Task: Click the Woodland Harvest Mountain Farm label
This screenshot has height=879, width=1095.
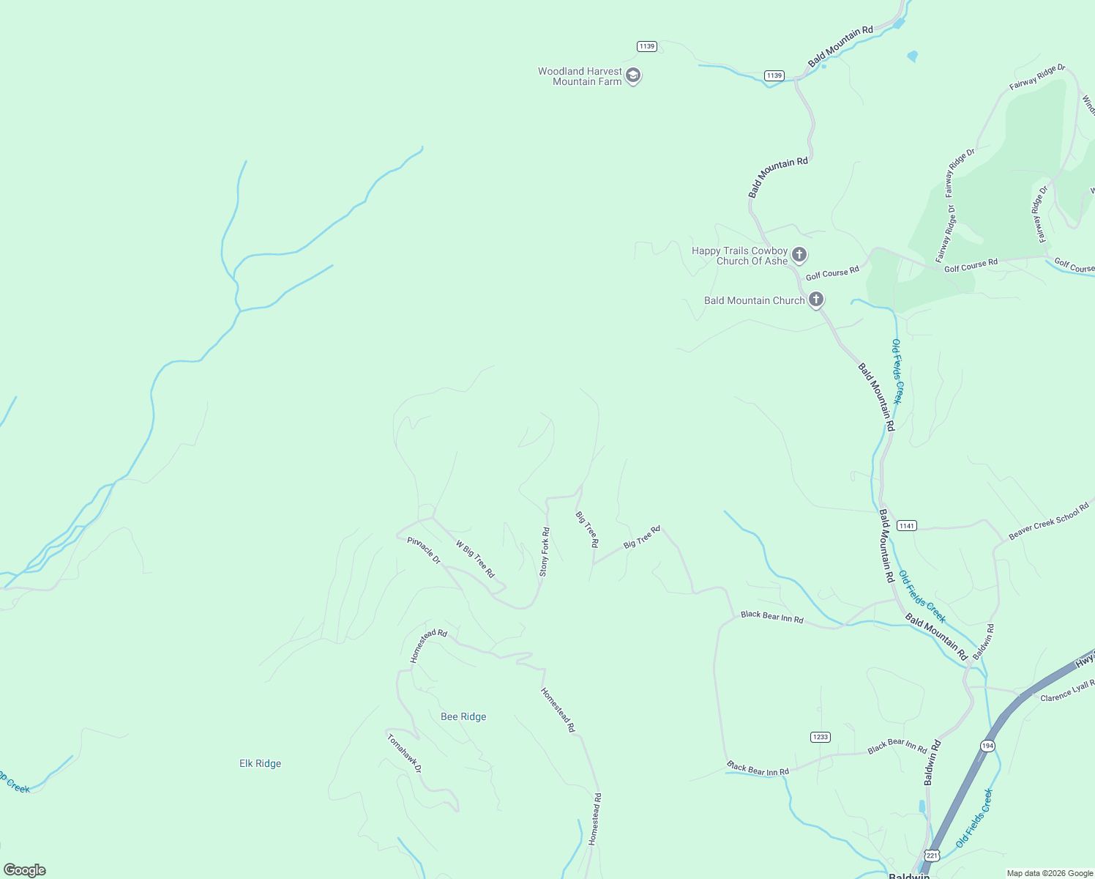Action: tap(580, 76)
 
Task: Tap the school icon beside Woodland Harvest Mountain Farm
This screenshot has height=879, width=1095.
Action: tap(634, 75)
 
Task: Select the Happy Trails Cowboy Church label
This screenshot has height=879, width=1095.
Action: tap(739, 256)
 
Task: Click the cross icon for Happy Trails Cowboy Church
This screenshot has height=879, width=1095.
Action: tap(799, 255)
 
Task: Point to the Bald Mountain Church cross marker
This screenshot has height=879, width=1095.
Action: tap(816, 300)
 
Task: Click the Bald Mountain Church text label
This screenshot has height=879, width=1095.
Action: tap(754, 300)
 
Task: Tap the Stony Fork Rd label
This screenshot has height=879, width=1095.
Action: tap(545, 552)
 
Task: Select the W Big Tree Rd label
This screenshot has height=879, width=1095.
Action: tap(476, 559)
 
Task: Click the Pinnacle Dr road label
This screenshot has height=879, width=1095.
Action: tap(424, 550)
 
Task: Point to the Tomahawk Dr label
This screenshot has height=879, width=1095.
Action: tap(404, 753)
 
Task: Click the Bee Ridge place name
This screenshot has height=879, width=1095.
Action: tap(463, 716)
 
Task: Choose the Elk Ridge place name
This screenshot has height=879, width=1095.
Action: tap(260, 763)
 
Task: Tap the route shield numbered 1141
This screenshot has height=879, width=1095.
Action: tap(906, 525)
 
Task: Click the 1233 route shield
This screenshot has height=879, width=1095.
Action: tap(820, 736)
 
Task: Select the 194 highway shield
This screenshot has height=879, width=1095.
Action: tap(987, 746)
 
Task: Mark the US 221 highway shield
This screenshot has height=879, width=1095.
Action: tap(931, 855)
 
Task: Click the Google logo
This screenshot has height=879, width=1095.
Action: tap(25, 870)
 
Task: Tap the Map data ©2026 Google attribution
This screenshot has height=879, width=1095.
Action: tap(1050, 873)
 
